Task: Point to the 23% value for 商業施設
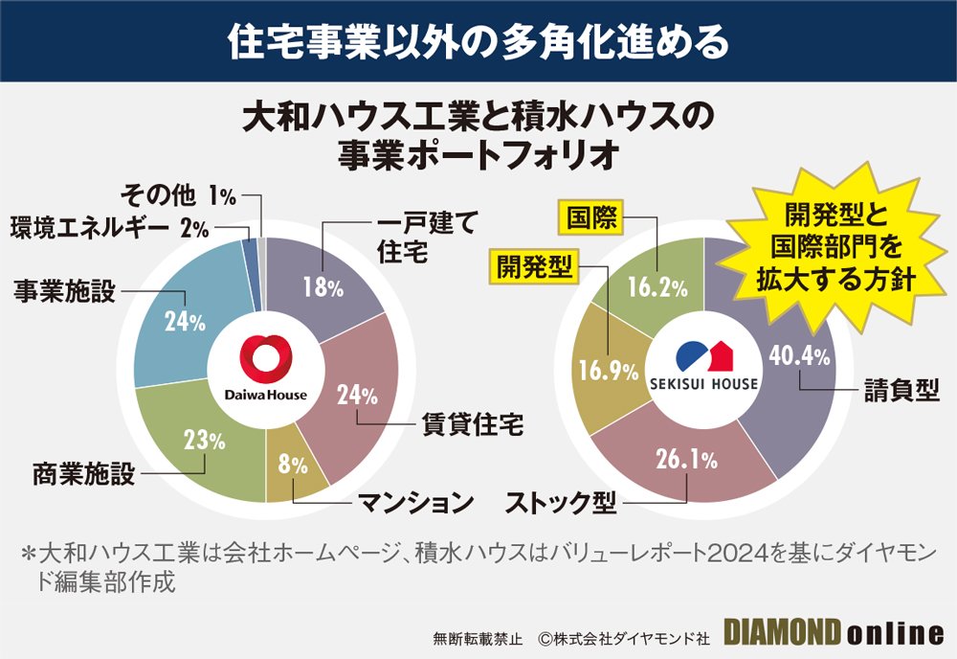pyautogui.click(x=203, y=441)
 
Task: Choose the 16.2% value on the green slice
pyautogui.click(x=657, y=286)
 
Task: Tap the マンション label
pyautogui.click(x=416, y=501)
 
